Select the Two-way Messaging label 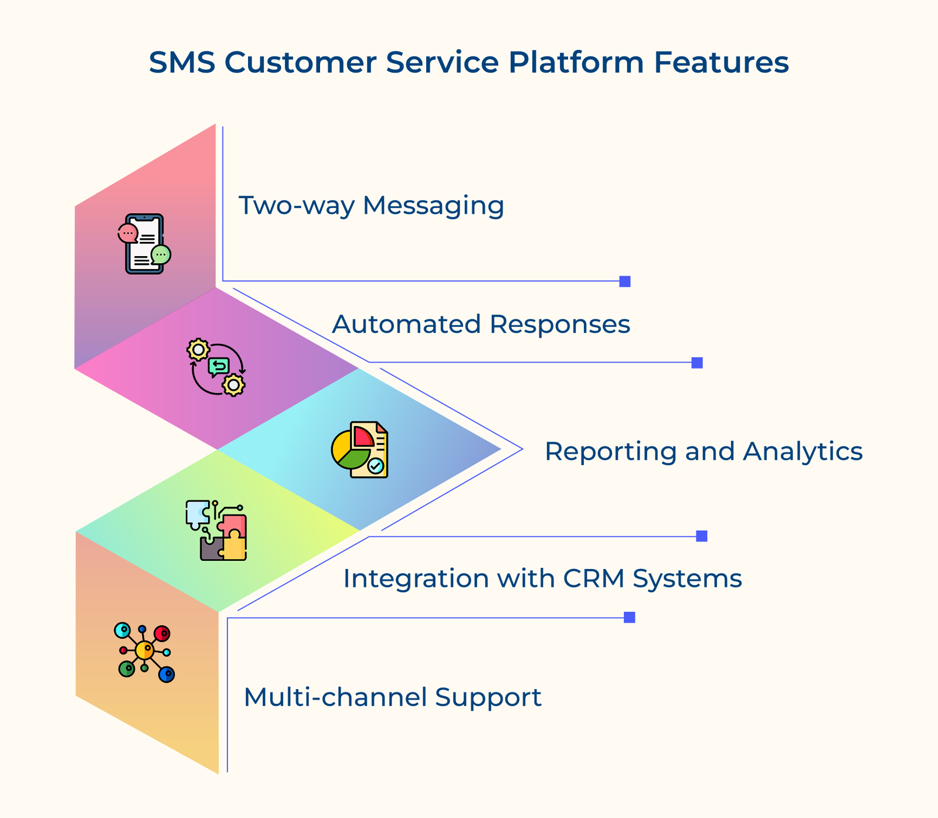[371, 206]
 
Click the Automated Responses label [481, 324]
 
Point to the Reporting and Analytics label [704, 451]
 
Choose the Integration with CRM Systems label [542, 578]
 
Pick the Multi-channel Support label [392, 697]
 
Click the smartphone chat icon [144, 244]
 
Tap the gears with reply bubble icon [216, 367]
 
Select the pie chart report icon [360, 450]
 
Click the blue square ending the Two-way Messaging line [625, 281]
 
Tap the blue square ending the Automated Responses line [697, 363]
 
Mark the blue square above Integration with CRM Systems [702, 536]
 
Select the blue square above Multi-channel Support [630, 618]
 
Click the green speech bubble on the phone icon [161, 255]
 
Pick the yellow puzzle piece [235, 547]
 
